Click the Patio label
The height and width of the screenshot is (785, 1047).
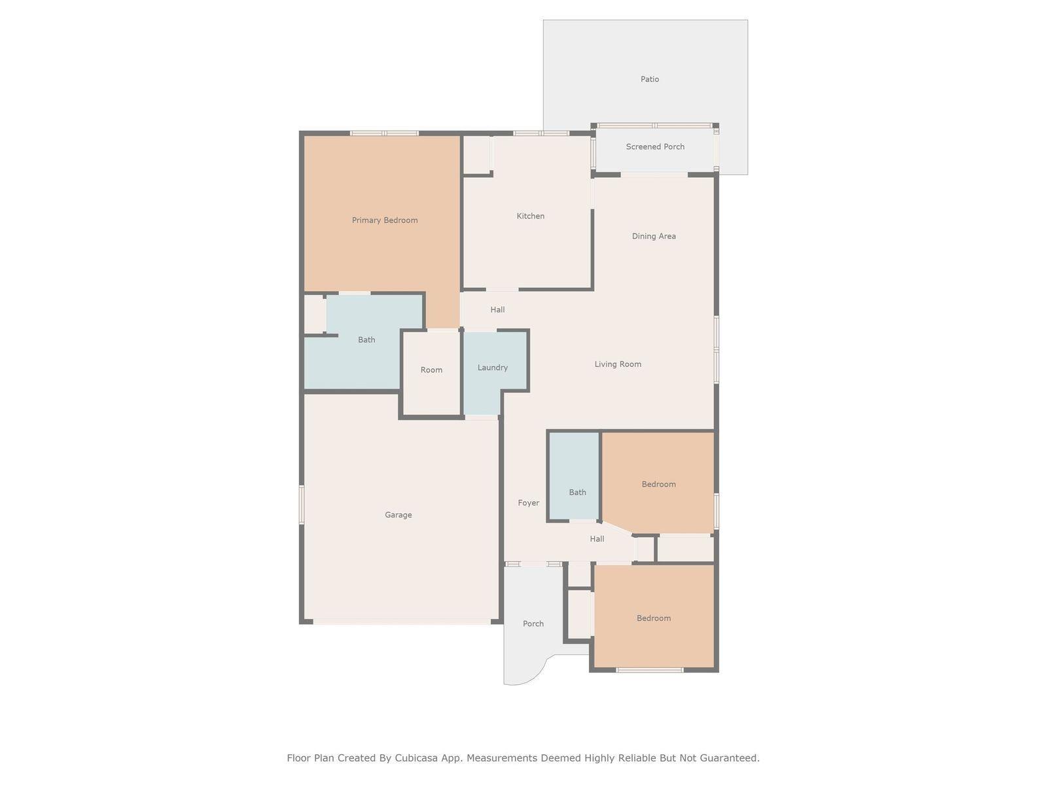[650, 79]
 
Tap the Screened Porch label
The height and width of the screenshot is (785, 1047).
[655, 147]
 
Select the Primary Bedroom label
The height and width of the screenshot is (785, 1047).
[385, 220]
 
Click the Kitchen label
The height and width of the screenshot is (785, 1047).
[531, 216]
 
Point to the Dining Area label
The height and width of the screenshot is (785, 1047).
[654, 236]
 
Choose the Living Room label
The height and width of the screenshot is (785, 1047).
[618, 364]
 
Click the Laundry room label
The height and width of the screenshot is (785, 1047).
[493, 368]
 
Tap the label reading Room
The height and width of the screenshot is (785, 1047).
[431, 370]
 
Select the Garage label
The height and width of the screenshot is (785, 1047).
[399, 515]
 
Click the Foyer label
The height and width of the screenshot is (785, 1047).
[529, 503]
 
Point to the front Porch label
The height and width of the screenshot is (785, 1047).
[533, 624]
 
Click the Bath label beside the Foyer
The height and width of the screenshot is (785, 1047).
[577, 493]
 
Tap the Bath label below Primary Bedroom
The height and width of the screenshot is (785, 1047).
[366, 340]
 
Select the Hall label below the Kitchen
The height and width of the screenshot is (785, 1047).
[497, 310]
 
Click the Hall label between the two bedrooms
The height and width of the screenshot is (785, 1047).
[597, 539]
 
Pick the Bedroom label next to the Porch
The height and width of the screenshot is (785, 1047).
[654, 618]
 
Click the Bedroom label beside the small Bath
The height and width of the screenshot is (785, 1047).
[658, 484]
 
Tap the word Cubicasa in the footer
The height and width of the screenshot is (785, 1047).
[417, 758]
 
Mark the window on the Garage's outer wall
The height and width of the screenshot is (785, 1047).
[302, 504]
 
